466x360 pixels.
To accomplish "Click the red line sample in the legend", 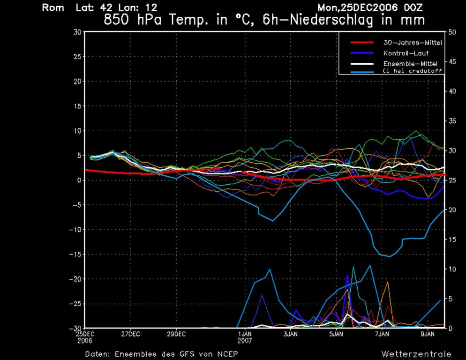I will coord(362,43).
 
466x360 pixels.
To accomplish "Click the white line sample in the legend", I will coord(362,64).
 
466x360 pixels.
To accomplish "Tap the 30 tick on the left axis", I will coord(76,32).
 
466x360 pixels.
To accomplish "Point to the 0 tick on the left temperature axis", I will coord(78,180).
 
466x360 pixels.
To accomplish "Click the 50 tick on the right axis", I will coord(452,32).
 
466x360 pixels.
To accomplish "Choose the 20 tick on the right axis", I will coord(452,210).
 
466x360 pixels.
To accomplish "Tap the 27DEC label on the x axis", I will coord(130,334).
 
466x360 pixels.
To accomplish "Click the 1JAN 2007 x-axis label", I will coord(245,337).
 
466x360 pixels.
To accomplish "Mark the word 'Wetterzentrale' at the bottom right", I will coord(416,354).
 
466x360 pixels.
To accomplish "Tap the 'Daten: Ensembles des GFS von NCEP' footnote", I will coord(164,354).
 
